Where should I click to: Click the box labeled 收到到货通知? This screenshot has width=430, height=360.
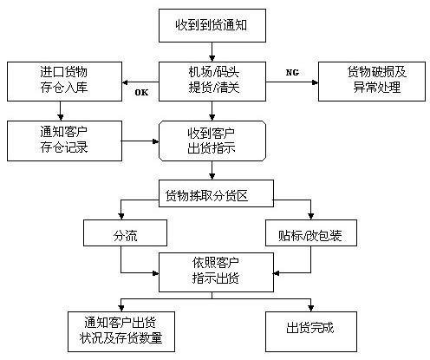click(x=212, y=25)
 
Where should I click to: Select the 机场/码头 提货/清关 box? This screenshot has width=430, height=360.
click(x=212, y=82)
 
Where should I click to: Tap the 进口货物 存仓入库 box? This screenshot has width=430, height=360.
click(x=64, y=82)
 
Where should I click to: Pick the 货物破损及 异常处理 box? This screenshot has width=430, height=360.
click(x=372, y=82)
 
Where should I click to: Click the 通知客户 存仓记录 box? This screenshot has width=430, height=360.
click(x=64, y=141)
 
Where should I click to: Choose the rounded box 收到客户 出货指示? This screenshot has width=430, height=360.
click(x=212, y=141)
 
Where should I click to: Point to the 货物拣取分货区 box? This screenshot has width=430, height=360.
click(x=216, y=193)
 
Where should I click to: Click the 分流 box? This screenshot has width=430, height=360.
click(x=125, y=232)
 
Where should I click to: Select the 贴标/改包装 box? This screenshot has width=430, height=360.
click(x=311, y=232)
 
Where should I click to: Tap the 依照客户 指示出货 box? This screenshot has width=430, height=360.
click(x=216, y=272)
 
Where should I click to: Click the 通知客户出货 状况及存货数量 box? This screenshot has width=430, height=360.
click(x=121, y=331)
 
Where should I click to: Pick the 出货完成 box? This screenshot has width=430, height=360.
click(x=311, y=331)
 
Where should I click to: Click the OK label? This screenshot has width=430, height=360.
click(x=141, y=93)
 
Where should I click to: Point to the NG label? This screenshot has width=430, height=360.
click(x=292, y=72)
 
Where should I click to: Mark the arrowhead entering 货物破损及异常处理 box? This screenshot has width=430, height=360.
click(x=315, y=82)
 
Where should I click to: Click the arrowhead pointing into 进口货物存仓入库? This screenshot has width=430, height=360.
click(x=126, y=82)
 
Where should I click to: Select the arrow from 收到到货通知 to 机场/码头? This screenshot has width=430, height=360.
click(x=212, y=52)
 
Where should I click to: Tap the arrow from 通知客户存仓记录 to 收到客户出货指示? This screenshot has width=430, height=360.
click(x=140, y=141)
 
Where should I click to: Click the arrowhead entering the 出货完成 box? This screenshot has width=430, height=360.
click(x=311, y=308)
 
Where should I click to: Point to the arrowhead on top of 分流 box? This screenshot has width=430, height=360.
click(x=121, y=216)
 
